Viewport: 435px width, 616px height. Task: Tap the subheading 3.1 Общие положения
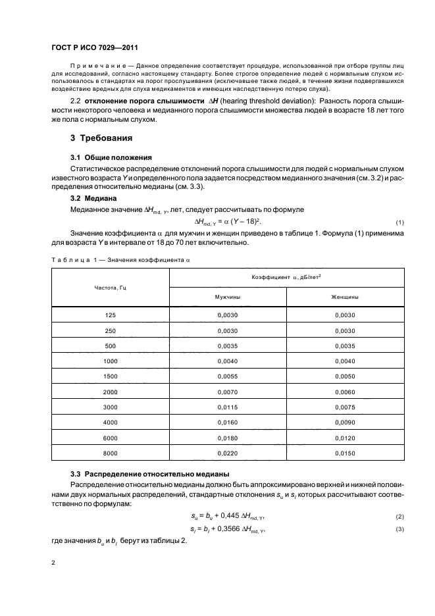click(x=111, y=157)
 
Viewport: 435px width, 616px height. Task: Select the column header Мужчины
click(x=228, y=297)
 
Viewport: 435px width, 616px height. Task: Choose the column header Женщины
click(x=345, y=297)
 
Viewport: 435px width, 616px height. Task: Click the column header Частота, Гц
click(x=111, y=288)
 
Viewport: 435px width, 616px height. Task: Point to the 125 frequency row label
click(x=111, y=315)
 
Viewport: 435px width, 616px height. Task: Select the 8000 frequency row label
click(x=111, y=453)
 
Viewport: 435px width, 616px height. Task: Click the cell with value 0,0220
click(x=228, y=453)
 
